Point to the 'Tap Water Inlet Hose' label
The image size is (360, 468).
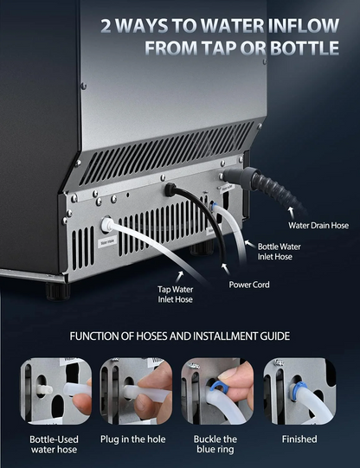coord(175,294)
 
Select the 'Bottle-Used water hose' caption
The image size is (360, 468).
coord(55,444)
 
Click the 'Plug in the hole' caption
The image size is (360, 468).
coord(136,439)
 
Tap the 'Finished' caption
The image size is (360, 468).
coord(299,439)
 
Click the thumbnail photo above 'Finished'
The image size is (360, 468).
coord(299,391)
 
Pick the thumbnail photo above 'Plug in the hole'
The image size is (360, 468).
coord(136,391)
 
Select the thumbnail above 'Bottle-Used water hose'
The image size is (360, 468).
coord(55,391)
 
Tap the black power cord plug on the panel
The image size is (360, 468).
coord(171,188)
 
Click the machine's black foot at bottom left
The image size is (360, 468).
coord(55,291)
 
